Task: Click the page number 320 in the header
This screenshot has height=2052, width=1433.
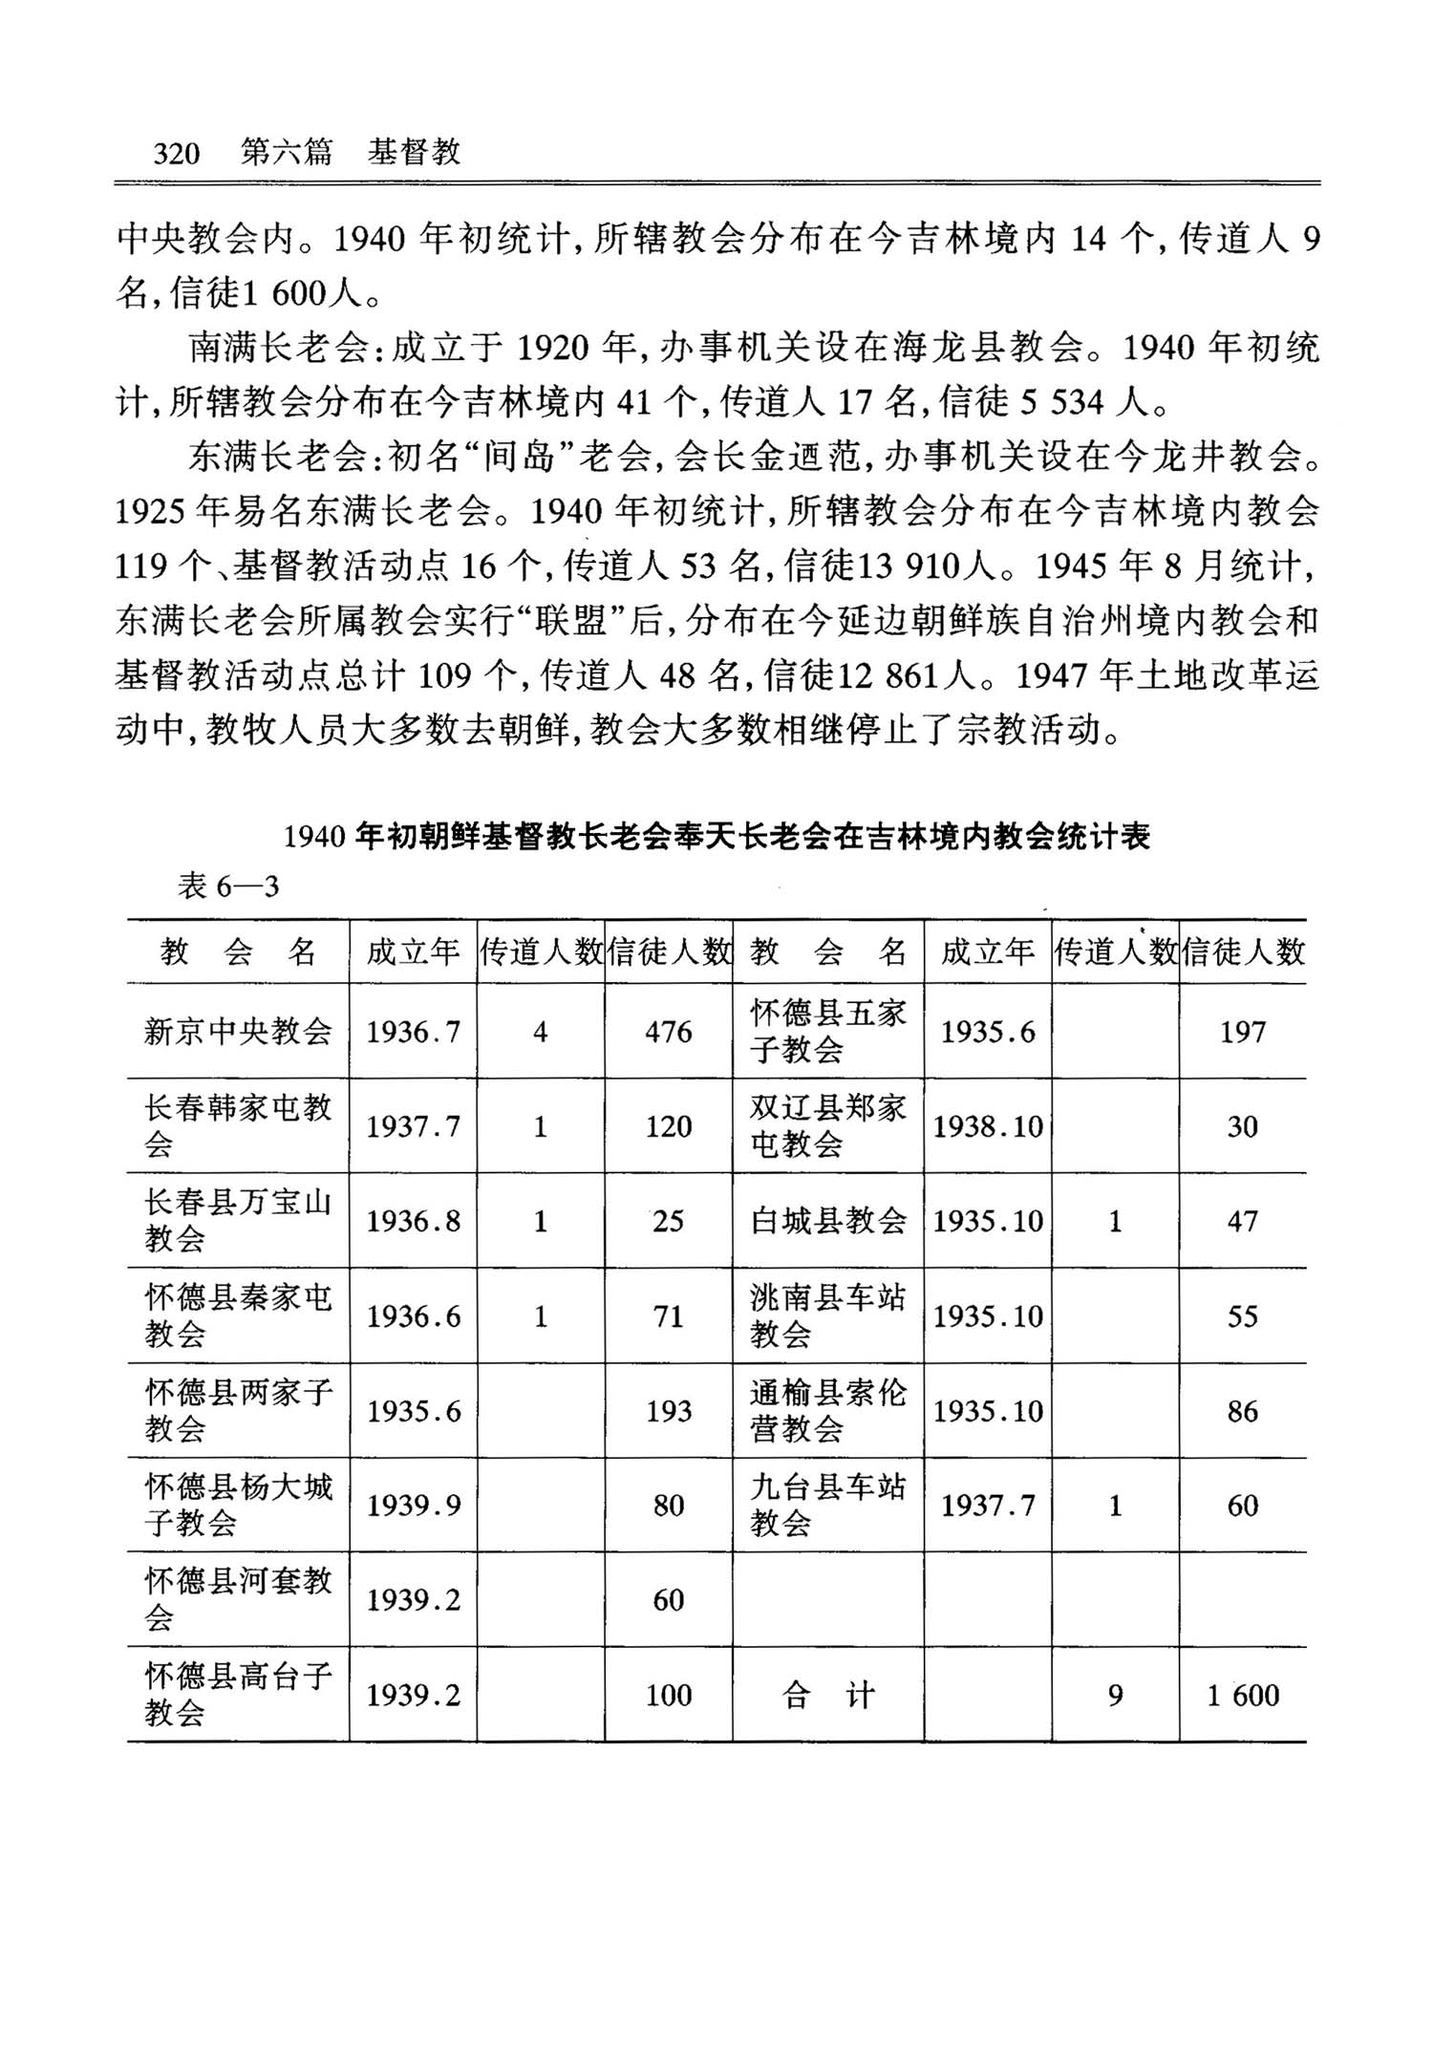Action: (177, 153)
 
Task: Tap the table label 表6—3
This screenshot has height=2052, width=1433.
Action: (228, 887)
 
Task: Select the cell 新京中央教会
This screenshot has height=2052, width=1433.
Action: (238, 1032)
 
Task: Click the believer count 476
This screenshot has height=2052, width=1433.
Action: (668, 1032)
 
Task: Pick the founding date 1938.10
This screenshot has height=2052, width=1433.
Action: (988, 1126)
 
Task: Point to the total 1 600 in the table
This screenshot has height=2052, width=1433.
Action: (1242, 1695)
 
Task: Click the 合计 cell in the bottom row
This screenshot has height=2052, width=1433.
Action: (827, 1695)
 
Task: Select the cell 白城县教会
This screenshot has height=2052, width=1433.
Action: (827, 1221)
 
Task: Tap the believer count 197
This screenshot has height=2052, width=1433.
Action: (1242, 1032)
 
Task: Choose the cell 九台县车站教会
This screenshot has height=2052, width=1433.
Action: (827, 1505)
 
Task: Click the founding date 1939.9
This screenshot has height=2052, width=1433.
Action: (414, 1506)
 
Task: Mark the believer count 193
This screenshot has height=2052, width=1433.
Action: (668, 1411)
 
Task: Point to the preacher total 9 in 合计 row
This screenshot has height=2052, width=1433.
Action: (1115, 1695)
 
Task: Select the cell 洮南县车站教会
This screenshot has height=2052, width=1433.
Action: (827, 1315)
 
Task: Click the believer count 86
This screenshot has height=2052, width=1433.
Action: (1242, 1411)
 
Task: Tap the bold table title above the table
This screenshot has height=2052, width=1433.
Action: (716, 837)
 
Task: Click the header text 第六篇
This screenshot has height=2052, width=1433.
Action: (286, 152)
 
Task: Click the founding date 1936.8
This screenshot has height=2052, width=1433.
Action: (414, 1221)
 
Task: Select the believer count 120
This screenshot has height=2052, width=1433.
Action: (668, 1126)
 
